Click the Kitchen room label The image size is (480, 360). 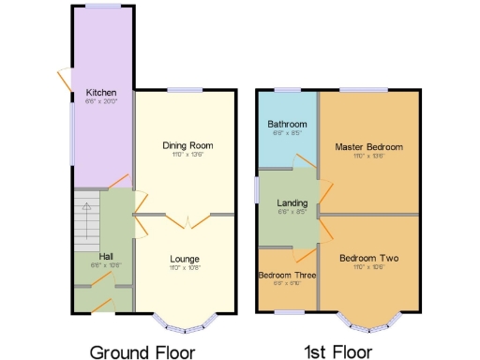tap(101, 93)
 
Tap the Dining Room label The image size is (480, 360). tap(187, 145)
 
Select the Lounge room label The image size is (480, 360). tap(184, 258)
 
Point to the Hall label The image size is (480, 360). tap(106, 256)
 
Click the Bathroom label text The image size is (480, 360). tap(286, 124)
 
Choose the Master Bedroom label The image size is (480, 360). tap(368, 147)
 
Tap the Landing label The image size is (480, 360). tap(292, 202)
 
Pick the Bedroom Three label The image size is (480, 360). tap(287, 275)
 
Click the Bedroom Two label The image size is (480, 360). tap(369, 258)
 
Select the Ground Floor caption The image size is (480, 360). tap(142, 352)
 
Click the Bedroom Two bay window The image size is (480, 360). tap(369, 324)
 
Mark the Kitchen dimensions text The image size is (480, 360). tap(101, 102)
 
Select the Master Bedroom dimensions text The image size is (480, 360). tap(368, 157)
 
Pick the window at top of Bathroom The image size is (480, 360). tap(287, 90)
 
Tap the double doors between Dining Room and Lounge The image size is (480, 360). tap(187, 221)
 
